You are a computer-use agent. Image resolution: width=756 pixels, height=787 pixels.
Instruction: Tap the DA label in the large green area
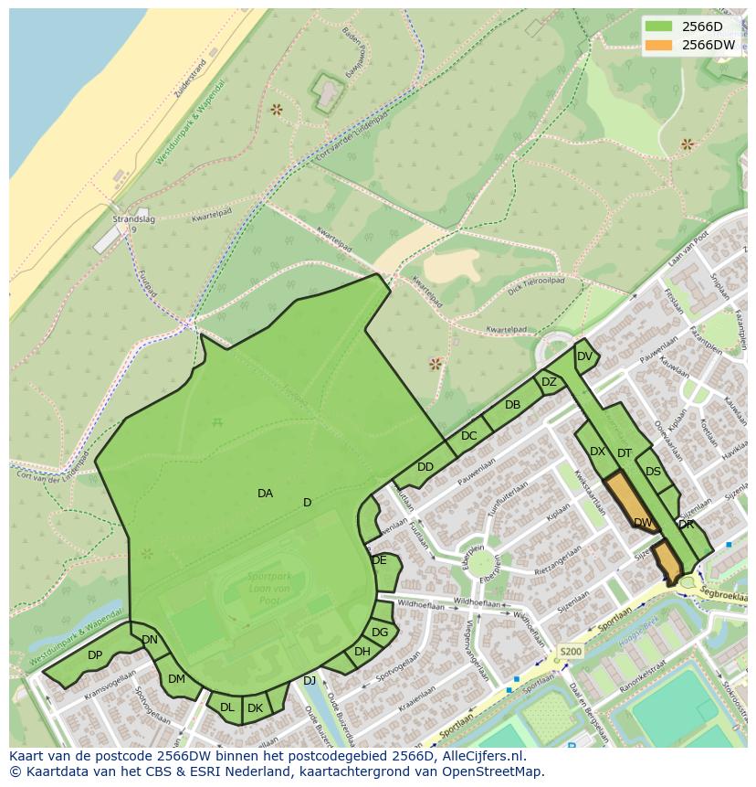(265, 494)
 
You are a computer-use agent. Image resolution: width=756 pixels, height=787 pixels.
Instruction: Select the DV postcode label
(585, 356)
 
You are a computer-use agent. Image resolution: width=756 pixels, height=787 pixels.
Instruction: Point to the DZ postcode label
(549, 382)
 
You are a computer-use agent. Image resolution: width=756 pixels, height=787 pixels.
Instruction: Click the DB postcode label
(512, 405)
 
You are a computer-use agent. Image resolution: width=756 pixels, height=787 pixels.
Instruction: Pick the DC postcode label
(468, 436)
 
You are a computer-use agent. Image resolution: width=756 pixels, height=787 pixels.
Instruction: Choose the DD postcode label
(425, 467)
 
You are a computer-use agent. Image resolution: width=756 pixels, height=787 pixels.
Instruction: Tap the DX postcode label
(597, 452)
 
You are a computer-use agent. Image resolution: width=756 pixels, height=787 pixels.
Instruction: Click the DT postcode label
(625, 453)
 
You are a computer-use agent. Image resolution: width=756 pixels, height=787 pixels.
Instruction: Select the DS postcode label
(653, 473)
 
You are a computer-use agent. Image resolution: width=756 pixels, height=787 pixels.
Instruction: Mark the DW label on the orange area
(644, 523)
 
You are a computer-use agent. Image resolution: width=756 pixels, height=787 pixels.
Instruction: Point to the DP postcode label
(95, 655)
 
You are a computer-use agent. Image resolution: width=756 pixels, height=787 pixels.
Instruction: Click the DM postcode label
(176, 679)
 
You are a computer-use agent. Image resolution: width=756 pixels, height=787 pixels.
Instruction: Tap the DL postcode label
(227, 707)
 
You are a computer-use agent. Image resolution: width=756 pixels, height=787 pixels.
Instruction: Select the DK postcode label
(256, 708)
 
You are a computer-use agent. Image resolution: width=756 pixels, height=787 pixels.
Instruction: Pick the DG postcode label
(380, 633)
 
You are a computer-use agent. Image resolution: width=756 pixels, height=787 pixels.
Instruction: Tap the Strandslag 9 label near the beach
(129, 224)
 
